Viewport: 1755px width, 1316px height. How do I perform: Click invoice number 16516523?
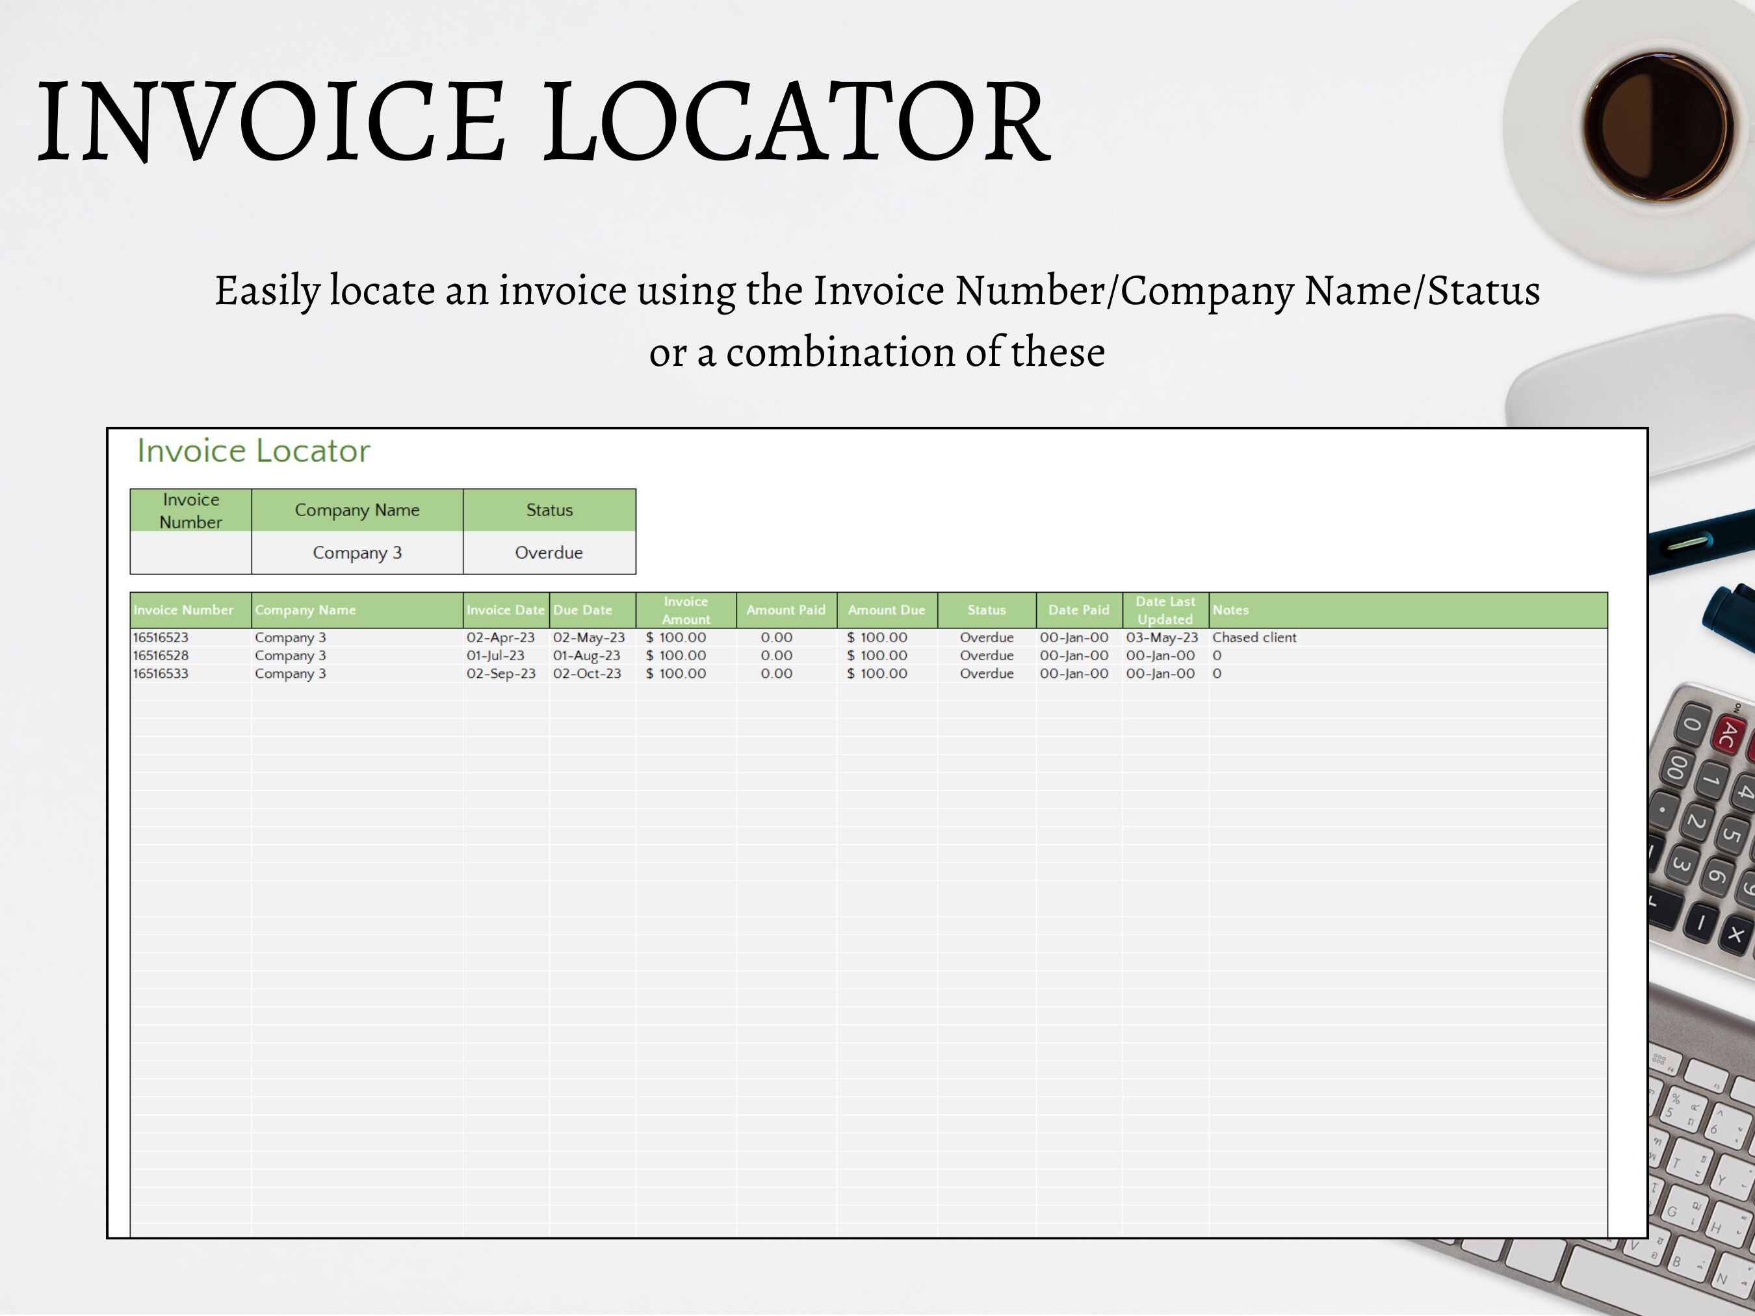[x=161, y=638]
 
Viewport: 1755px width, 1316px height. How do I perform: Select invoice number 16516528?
[x=161, y=656]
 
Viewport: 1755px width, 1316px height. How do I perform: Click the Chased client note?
[x=1254, y=638]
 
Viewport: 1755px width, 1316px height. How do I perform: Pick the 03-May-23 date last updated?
[x=1162, y=638]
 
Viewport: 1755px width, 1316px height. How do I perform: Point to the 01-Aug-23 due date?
[x=586, y=656]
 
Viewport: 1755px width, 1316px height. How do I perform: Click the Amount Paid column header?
[x=785, y=610]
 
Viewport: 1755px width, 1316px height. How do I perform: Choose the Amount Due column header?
[x=886, y=610]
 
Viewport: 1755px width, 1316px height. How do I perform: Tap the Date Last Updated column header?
[x=1165, y=610]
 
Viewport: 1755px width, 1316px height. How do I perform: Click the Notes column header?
[x=1230, y=610]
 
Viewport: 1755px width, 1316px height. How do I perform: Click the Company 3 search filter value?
[x=357, y=553]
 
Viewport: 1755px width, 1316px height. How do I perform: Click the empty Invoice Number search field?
[x=190, y=553]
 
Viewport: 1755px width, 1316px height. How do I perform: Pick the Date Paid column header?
[x=1078, y=610]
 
